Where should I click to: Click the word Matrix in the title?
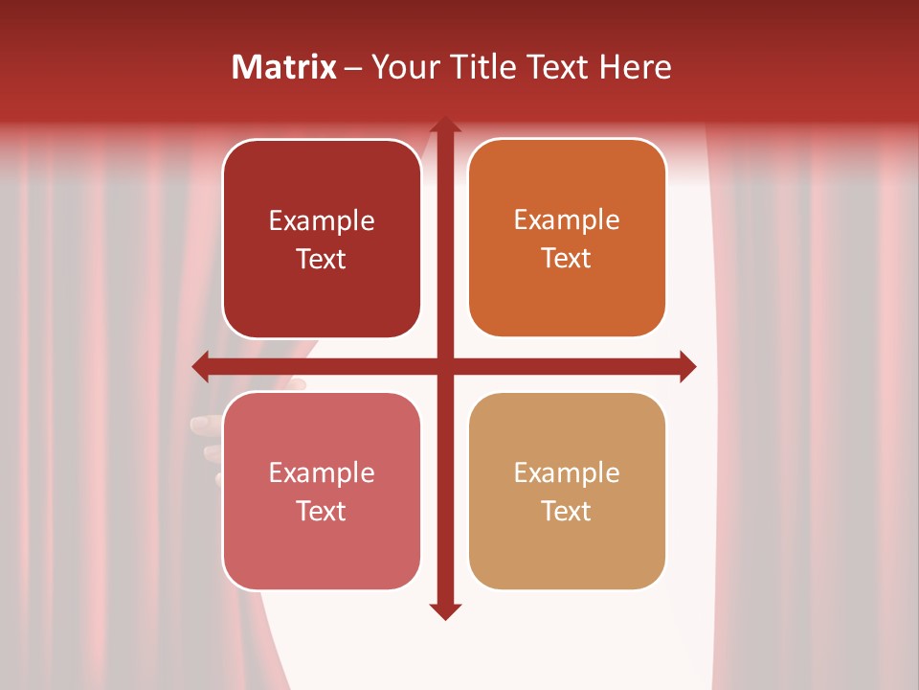point(284,67)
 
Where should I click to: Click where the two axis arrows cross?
point(444,366)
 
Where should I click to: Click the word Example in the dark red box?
point(322,221)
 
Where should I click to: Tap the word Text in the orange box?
point(567,259)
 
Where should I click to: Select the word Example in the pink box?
point(322,473)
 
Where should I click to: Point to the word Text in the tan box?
point(567,512)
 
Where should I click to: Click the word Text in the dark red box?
point(322,260)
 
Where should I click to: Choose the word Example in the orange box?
point(567,220)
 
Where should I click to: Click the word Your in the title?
point(402,67)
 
